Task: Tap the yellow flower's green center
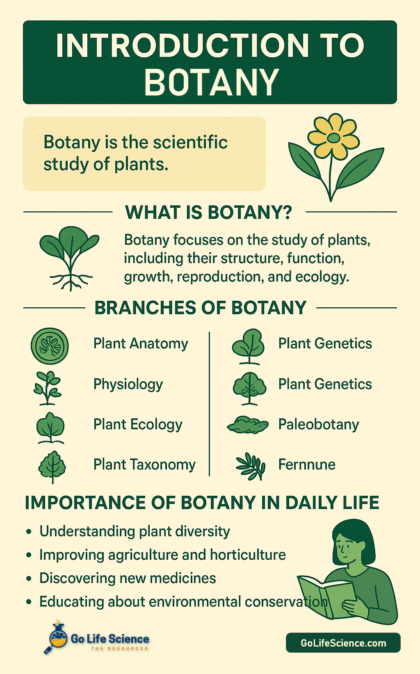(333, 138)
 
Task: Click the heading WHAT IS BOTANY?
(208, 212)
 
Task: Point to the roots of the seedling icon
(71, 282)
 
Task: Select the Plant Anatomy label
(141, 344)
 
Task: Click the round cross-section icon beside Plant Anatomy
(50, 346)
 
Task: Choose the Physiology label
(128, 385)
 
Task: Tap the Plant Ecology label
(138, 425)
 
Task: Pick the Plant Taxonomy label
(144, 465)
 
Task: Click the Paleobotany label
(318, 425)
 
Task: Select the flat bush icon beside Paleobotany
(248, 425)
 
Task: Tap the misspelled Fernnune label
(307, 465)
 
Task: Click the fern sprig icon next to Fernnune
(251, 466)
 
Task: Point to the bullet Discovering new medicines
(128, 578)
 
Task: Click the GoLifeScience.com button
(343, 643)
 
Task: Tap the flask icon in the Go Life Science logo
(58, 636)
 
